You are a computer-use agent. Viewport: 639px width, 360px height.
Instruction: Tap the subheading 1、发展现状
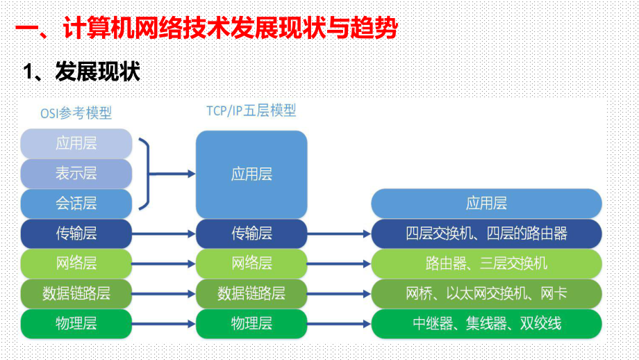coord(82,72)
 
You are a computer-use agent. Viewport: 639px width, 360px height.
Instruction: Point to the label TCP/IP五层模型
coord(251,111)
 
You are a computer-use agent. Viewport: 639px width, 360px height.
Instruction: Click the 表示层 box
coord(76,174)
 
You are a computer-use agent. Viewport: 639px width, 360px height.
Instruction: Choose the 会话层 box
coord(76,203)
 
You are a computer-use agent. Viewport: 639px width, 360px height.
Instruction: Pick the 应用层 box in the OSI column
coord(76,144)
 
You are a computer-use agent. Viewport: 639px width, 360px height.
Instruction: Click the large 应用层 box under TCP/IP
coord(251,174)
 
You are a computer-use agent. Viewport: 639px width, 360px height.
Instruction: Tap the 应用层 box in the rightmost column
coord(486,203)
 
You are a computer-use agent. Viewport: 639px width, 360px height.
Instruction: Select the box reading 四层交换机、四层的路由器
coord(486,234)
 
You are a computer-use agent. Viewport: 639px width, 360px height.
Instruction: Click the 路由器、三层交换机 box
coord(486,263)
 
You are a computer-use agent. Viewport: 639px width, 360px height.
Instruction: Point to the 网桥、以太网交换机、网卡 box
coord(486,293)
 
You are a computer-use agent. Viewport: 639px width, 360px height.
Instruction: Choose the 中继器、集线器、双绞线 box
coord(486,323)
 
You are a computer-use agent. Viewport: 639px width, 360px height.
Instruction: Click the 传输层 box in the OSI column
coord(76,234)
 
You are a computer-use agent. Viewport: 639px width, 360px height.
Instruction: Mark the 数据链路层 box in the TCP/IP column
coord(251,293)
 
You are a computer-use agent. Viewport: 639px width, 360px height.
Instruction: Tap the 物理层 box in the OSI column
coord(76,323)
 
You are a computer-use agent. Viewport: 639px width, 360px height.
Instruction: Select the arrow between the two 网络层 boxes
coord(164,264)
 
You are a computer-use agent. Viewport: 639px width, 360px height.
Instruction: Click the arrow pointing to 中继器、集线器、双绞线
coord(339,324)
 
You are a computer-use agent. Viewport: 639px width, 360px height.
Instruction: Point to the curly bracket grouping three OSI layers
coord(144,174)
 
